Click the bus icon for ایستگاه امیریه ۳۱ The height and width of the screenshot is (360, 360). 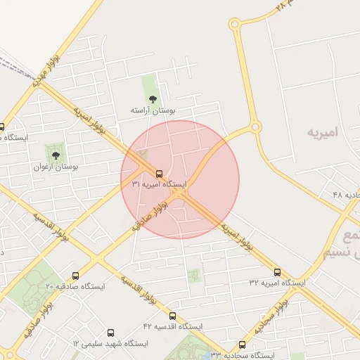(x=159, y=174)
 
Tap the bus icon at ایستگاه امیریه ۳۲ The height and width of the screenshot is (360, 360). (x=277, y=272)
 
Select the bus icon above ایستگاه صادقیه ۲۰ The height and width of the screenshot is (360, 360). (x=75, y=276)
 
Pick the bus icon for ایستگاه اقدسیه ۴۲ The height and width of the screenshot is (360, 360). (x=173, y=316)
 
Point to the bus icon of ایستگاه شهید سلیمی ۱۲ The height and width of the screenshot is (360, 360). (x=110, y=333)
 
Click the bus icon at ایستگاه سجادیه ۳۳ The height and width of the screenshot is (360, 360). (x=243, y=345)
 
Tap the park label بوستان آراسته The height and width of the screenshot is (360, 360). (x=153, y=111)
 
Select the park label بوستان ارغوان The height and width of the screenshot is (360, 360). (x=56, y=167)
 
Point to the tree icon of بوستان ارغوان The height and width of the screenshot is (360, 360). (x=56, y=155)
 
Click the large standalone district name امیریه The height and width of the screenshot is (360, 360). (x=323, y=131)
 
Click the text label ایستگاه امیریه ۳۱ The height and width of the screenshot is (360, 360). (x=159, y=184)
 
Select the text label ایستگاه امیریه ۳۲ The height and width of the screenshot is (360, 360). (x=277, y=283)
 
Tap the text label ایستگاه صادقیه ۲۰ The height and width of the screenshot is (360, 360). (x=75, y=287)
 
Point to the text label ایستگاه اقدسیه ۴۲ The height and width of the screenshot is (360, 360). (x=173, y=327)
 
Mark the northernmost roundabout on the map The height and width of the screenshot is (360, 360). (x=234, y=25)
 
